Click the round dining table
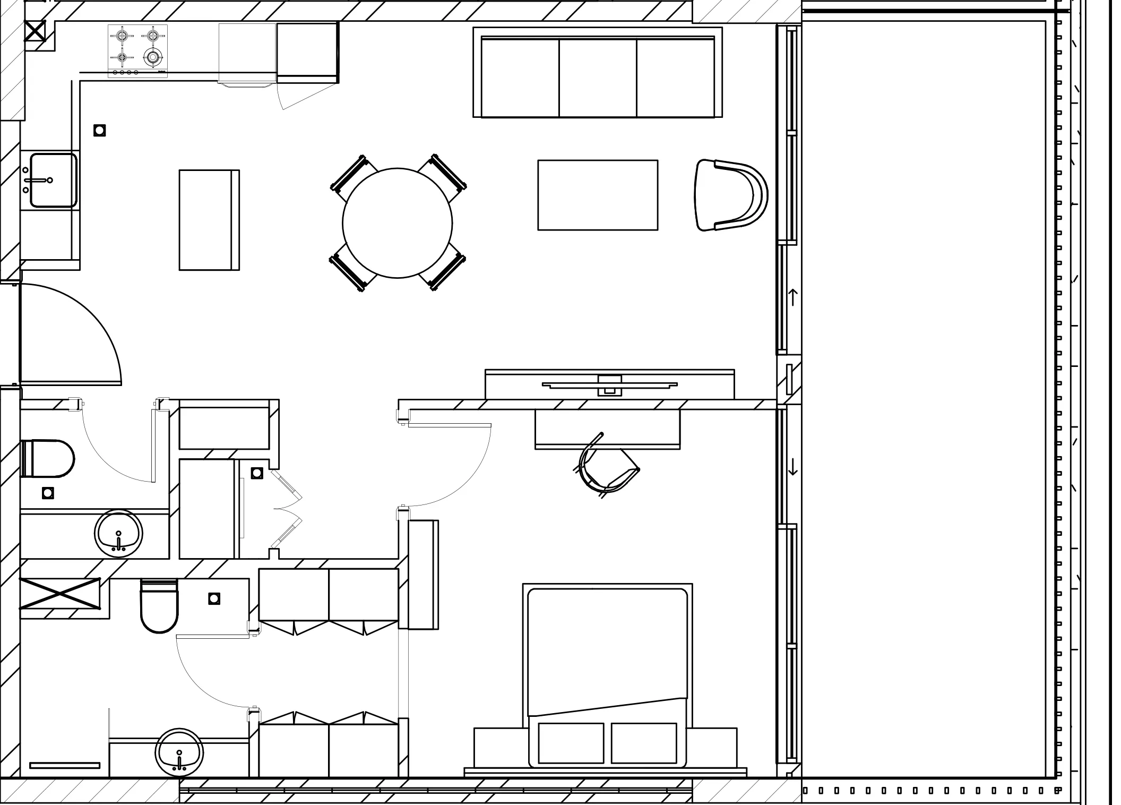397,223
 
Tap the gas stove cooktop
138,51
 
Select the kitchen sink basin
53,180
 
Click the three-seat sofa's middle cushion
598,78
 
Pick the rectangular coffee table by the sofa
598,195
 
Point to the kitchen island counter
209,220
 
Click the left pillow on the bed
571,743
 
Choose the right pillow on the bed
644,743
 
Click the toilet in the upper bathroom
48,458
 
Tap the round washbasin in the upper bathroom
118,534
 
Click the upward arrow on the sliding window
793,297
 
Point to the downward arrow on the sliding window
793,466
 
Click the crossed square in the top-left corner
36,31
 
